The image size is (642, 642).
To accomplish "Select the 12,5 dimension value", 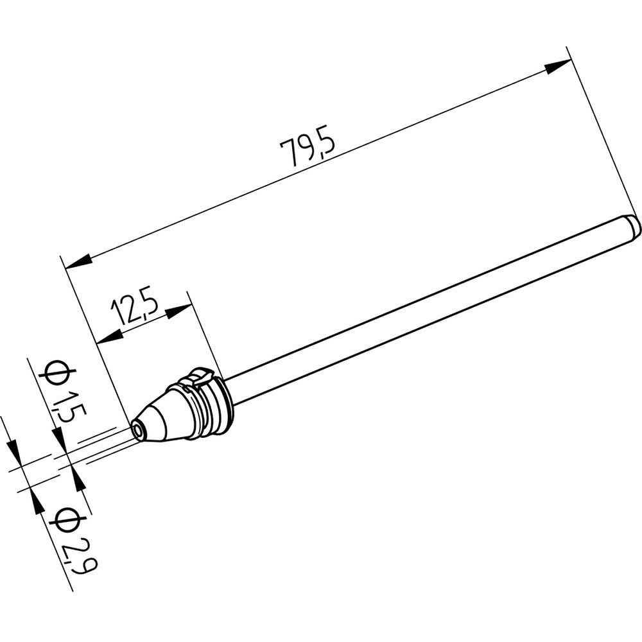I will [134, 309].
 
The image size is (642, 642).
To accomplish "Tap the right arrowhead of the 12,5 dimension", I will [178, 312].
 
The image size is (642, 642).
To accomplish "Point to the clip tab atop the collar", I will [199, 378].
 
